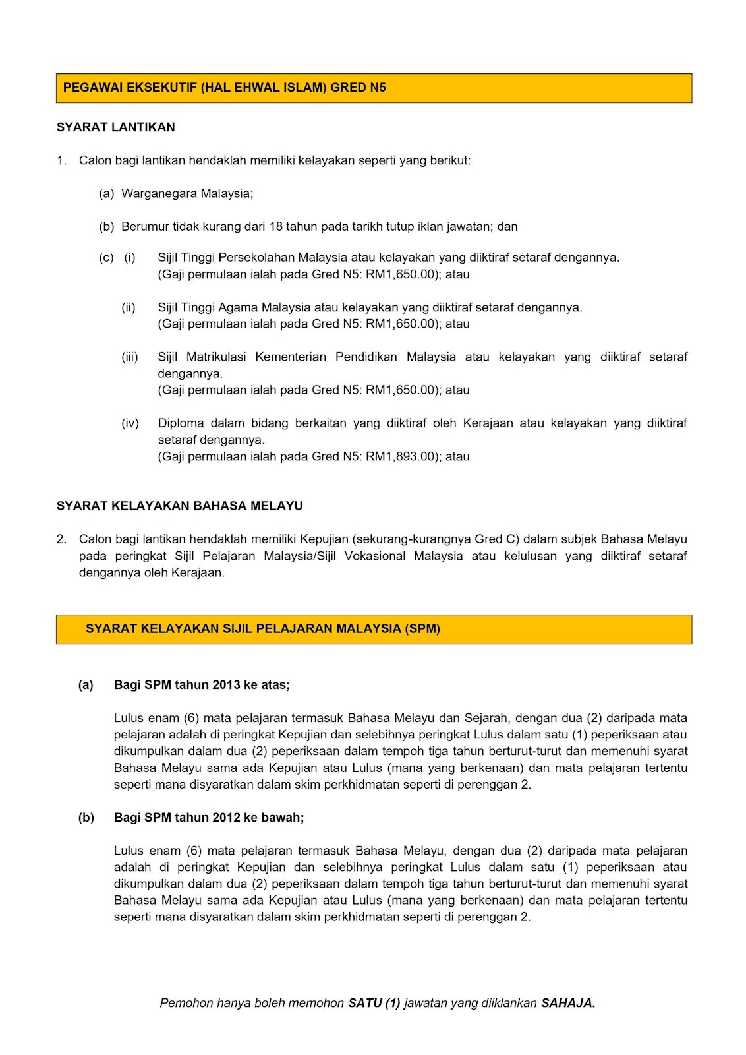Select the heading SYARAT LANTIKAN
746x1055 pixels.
[x=116, y=127]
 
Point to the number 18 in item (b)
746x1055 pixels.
[x=275, y=227]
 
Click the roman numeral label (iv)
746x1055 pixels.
[x=130, y=423]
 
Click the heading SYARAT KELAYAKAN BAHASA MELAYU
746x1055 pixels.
[x=179, y=506]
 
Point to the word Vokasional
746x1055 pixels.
[x=375, y=556]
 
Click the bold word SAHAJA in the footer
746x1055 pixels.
[x=567, y=1004]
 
